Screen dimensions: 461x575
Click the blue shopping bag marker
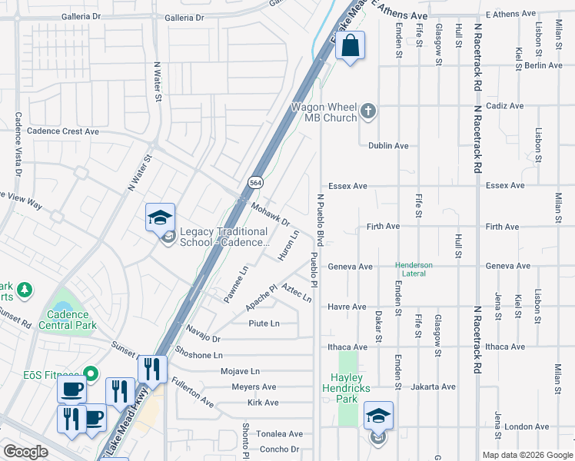point(350,46)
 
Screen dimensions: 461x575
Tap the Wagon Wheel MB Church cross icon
point(368,112)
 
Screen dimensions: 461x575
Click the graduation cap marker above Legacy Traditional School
point(161,218)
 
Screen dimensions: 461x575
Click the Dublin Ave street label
point(388,145)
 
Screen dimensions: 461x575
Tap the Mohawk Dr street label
point(271,215)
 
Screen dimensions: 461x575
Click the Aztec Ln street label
point(297,292)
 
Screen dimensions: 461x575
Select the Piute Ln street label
point(264,323)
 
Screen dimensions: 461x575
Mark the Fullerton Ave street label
point(193,391)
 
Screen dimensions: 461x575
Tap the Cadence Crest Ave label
point(63,131)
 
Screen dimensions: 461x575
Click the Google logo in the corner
point(25,451)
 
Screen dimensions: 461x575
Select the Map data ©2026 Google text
point(527,455)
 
